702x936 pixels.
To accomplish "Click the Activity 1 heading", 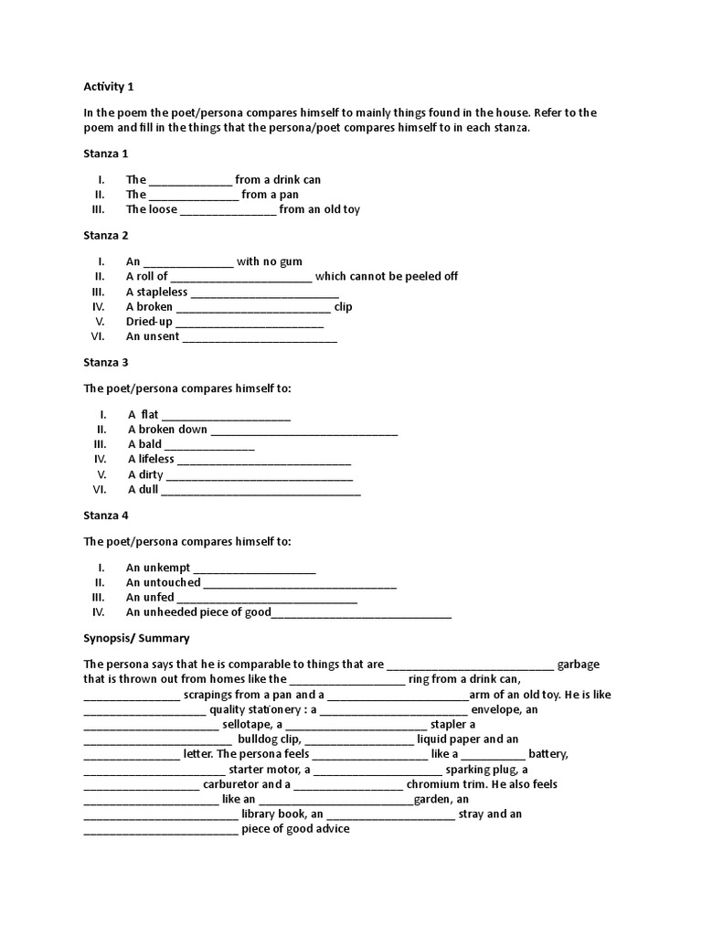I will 109,87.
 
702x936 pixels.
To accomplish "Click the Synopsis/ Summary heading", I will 136,638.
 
